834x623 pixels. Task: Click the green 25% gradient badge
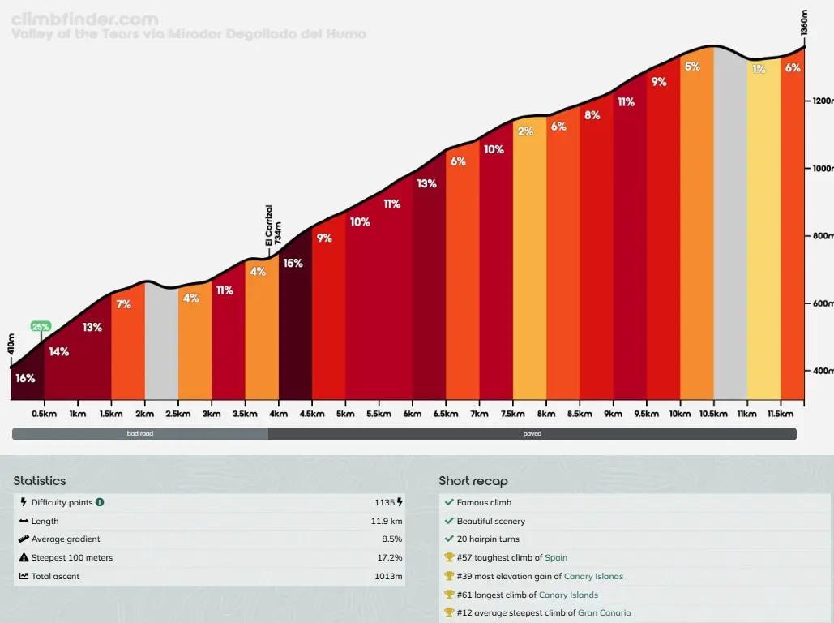41,326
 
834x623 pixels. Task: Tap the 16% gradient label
25,378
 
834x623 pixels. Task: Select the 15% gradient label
293,263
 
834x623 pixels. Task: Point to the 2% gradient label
525,131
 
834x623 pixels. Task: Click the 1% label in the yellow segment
759,70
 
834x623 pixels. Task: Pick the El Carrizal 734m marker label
273,225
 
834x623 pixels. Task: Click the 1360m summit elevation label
804,22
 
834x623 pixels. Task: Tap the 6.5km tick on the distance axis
446,414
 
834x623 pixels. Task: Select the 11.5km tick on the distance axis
781,414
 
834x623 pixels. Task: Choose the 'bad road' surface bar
140,434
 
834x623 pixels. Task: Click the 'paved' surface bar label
532,434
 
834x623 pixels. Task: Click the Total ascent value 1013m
387,577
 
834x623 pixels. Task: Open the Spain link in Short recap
556,558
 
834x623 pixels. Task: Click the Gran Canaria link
604,613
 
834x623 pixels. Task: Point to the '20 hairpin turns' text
488,539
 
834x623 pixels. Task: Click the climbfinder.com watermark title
86,19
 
